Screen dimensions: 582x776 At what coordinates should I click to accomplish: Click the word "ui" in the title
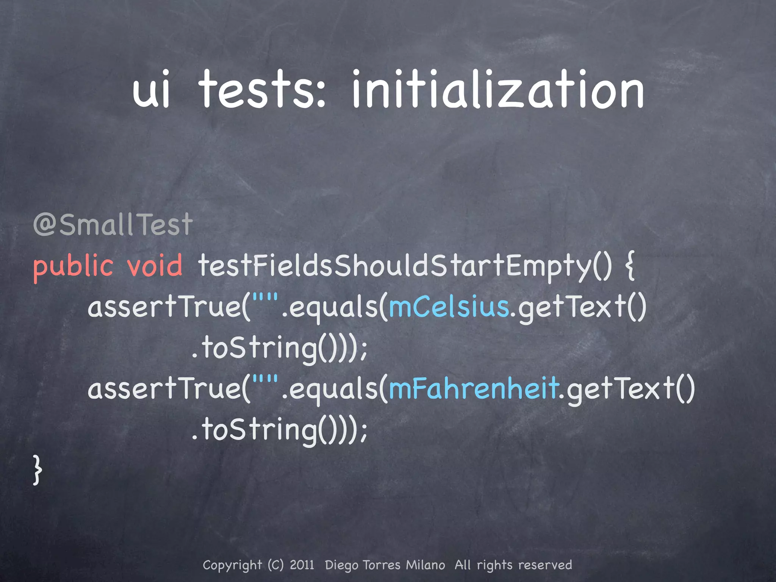[x=151, y=90]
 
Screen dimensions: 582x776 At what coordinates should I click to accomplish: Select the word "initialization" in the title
[x=498, y=90]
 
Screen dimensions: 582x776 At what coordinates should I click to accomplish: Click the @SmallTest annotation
[x=113, y=225]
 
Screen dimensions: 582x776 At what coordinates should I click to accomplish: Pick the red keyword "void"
[x=155, y=265]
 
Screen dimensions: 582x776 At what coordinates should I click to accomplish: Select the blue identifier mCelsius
[x=449, y=307]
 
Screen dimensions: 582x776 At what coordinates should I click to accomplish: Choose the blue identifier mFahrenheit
[x=474, y=389]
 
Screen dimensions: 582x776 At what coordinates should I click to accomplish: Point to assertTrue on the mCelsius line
[x=165, y=307]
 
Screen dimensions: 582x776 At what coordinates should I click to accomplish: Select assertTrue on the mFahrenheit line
[x=165, y=389]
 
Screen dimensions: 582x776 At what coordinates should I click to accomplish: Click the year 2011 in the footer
[x=302, y=565]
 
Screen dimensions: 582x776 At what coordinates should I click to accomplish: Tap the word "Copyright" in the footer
[x=232, y=565]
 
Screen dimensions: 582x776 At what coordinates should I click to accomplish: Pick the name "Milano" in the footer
[x=426, y=565]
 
